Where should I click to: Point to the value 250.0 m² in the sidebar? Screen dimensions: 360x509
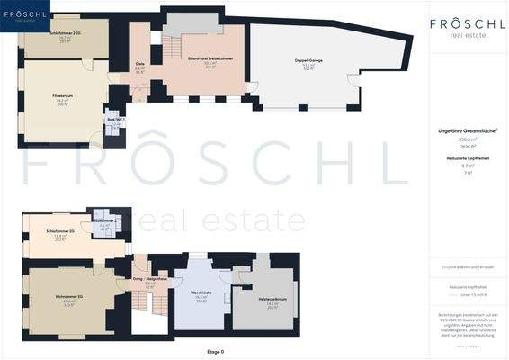pos(466,139)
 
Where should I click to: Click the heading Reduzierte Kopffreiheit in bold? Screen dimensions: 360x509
pos(466,158)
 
